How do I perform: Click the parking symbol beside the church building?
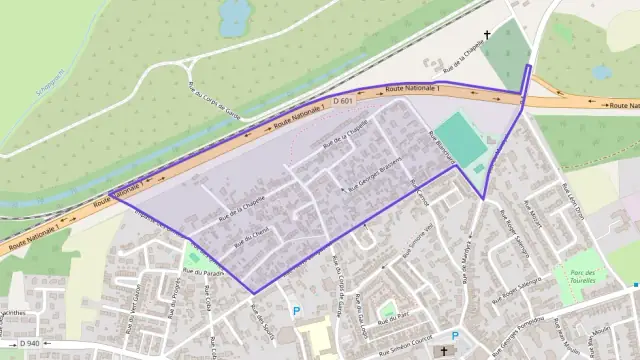pyautogui.click(x=455, y=337)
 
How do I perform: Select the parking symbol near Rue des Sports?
pyautogui.click(x=296, y=312)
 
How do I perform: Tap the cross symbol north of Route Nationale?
pyautogui.click(x=488, y=36)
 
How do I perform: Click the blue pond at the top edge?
pyautogui.click(x=235, y=16)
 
